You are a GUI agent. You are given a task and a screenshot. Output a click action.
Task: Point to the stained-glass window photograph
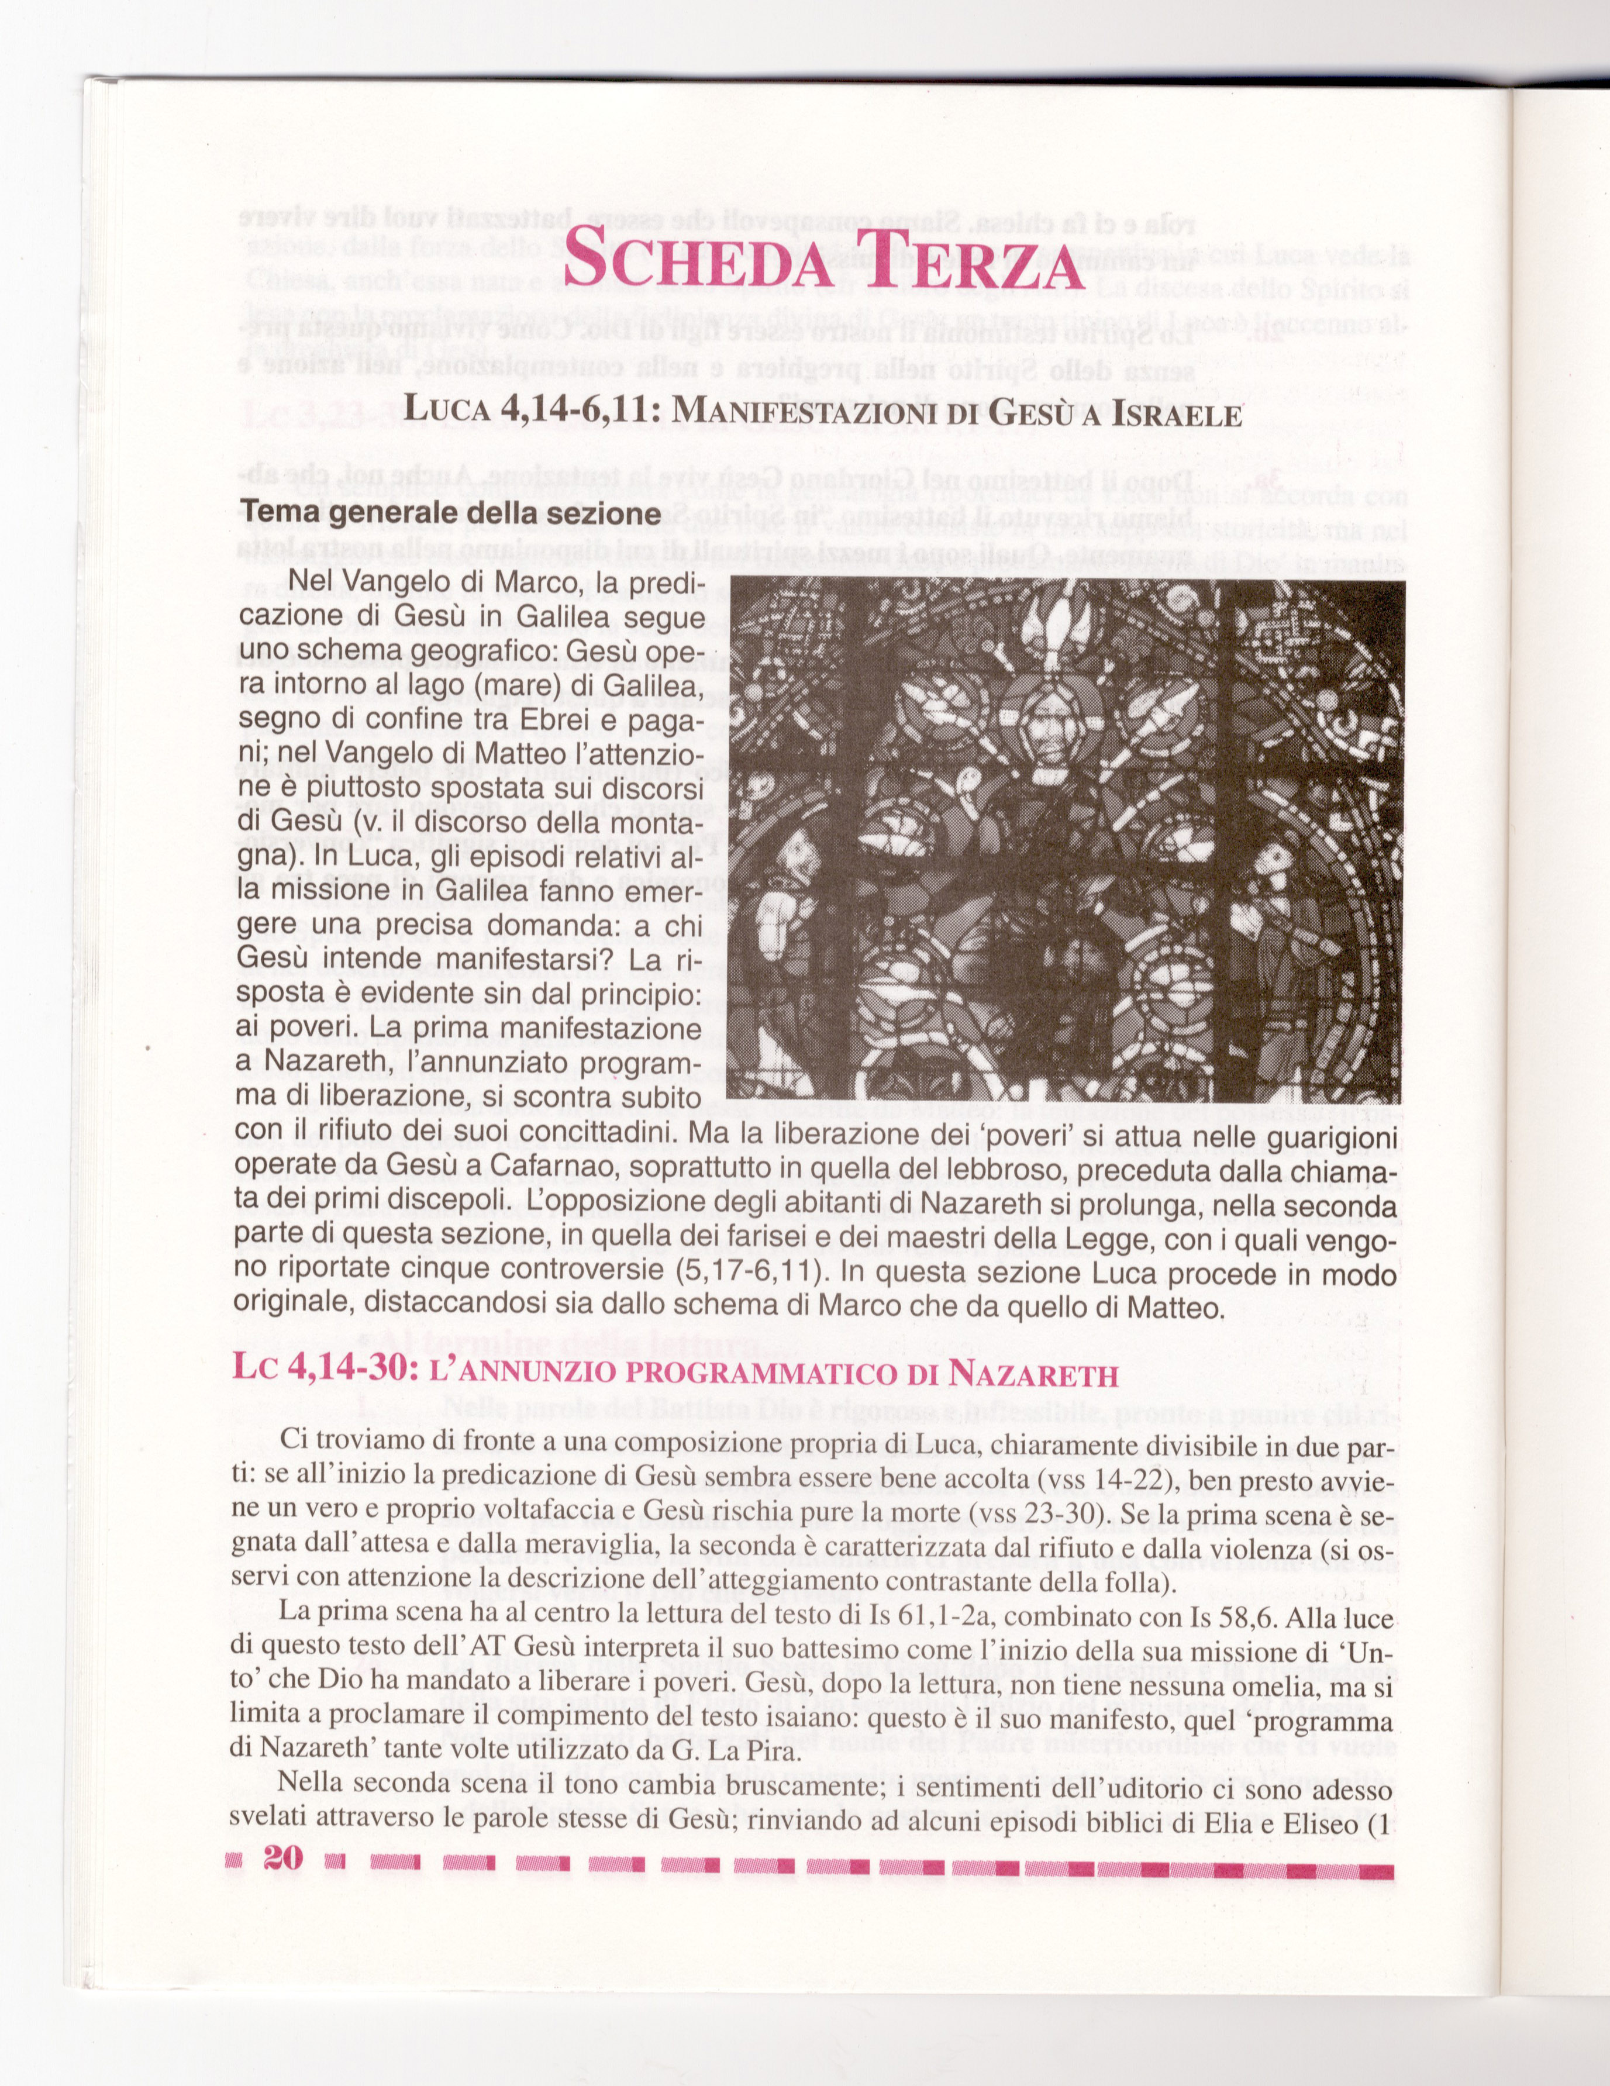1065,839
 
